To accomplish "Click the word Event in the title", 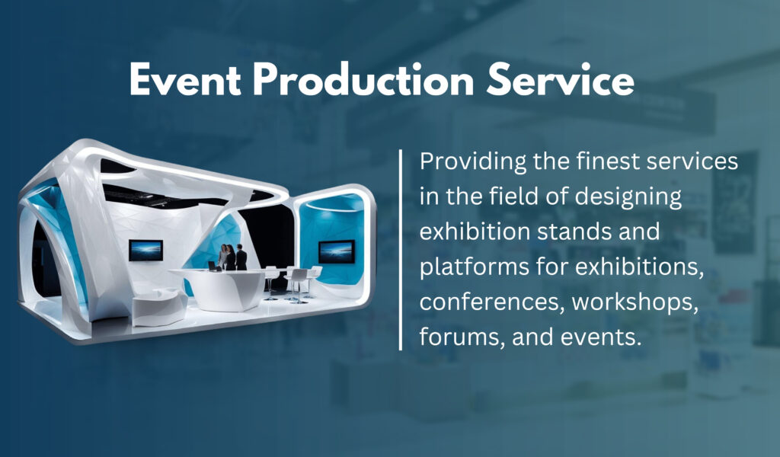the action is (185, 80).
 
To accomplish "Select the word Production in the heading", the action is (363, 80).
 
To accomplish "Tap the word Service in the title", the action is (560, 80).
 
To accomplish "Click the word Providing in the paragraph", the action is (472, 163).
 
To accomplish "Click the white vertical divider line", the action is (401, 250).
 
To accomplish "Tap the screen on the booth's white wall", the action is (145, 250).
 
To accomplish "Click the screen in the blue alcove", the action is (337, 251).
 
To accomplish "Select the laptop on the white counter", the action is (213, 266).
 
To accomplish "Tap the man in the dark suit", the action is (241, 257).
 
